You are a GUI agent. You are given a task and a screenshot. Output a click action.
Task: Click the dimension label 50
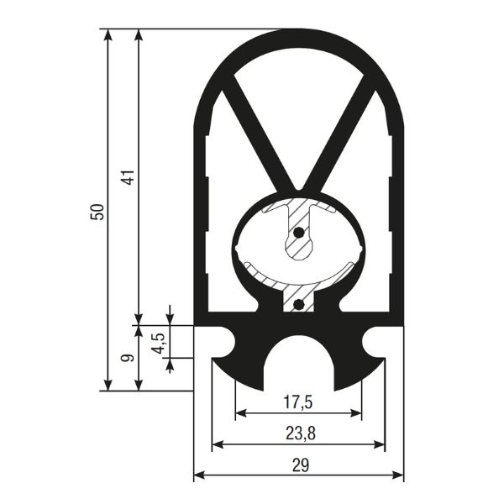point(97,212)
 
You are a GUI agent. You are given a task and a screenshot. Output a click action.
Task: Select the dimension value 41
point(129,176)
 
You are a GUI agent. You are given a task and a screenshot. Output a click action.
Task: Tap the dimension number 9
point(127,358)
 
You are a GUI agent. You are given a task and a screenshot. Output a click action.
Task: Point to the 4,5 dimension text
point(160,344)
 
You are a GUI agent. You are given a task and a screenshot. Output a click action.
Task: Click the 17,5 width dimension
point(298,402)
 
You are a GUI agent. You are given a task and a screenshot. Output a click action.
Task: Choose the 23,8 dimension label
point(301,433)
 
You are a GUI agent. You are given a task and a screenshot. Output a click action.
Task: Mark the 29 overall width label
point(301,465)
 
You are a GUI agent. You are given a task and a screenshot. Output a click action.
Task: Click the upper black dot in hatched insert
point(299,232)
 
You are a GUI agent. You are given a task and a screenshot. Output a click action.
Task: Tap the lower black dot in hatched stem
point(299,304)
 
